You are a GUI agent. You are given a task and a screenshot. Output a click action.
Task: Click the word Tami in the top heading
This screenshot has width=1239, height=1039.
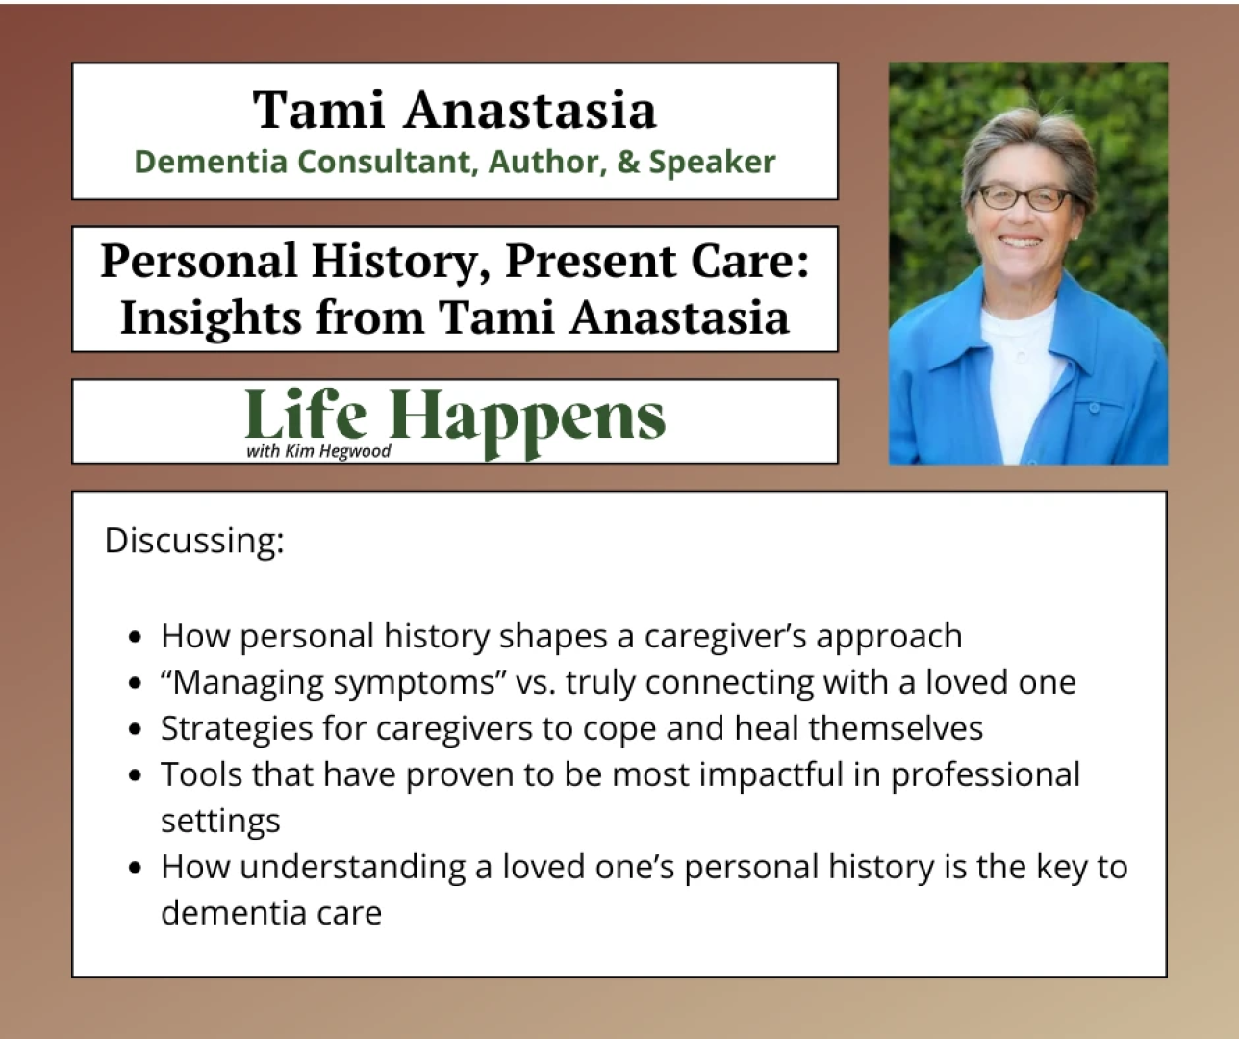[318, 110]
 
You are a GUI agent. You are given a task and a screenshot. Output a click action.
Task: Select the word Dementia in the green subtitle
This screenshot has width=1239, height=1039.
[211, 162]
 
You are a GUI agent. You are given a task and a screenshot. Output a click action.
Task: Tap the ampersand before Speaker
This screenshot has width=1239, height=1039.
[628, 162]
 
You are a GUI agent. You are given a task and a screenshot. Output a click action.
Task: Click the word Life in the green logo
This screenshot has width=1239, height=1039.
[306, 413]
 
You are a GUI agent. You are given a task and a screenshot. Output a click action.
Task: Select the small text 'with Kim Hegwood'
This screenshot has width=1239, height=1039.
[318, 451]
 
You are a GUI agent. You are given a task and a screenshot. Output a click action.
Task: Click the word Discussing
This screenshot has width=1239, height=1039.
[194, 542]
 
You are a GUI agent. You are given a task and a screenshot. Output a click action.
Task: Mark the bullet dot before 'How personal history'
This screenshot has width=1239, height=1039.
[136, 637]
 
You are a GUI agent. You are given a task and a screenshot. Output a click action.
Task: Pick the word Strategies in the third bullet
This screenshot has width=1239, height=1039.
[237, 729]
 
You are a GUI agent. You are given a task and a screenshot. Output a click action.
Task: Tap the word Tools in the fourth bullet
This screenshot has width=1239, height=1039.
[201, 774]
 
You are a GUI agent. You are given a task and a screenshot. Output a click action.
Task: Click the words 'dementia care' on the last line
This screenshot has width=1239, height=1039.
[271, 913]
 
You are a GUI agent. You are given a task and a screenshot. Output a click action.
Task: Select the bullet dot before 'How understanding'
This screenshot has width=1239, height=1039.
[136, 868]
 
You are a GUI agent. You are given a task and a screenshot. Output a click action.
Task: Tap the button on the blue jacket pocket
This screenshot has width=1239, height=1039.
[1094, 407]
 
